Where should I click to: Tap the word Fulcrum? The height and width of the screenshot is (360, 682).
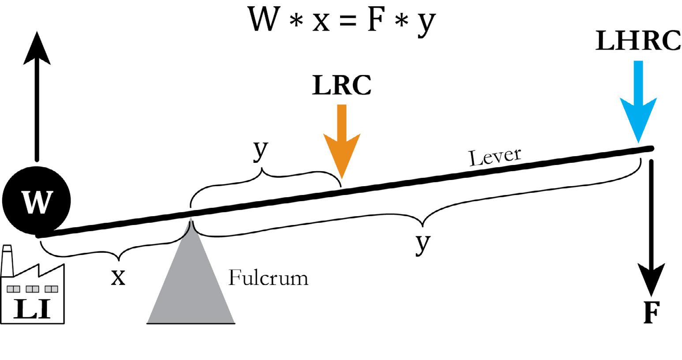click(268, 278)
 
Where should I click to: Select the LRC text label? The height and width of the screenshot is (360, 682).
click(342, 86)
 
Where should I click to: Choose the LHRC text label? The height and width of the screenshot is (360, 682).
click(637, 41)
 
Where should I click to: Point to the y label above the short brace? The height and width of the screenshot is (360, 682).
click(261, 151)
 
